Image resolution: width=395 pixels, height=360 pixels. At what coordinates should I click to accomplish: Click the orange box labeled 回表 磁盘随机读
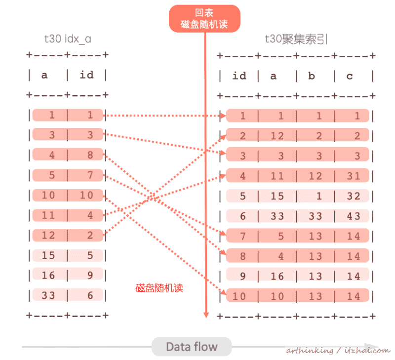[204, 18]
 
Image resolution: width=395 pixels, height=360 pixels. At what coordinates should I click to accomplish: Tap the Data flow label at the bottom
[192, 347]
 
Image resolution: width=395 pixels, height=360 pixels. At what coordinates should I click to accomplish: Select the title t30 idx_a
[68, 39]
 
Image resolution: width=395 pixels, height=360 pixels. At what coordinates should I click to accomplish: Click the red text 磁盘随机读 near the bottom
[159, 288]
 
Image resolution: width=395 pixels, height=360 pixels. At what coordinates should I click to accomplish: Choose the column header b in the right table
[312, 76]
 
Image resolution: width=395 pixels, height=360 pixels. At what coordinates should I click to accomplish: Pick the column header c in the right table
[350, 76]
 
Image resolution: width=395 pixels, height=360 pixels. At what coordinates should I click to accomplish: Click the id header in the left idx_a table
[86, 75]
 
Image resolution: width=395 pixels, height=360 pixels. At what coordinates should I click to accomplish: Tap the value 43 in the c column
[354, 216]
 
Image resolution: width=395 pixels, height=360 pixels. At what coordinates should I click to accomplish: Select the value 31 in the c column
[354, 176]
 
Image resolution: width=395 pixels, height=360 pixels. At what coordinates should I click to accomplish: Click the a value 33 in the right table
[277, 216]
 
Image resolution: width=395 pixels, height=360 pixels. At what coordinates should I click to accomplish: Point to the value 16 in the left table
[48, 276]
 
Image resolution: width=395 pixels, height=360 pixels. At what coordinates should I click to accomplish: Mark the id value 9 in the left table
[90, 276]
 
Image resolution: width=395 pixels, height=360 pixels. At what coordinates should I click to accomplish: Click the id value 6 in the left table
[90, 295]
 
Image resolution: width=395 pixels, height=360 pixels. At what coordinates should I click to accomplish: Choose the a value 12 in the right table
[277, 136]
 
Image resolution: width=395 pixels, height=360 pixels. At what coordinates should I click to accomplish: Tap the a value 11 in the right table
[277, 176]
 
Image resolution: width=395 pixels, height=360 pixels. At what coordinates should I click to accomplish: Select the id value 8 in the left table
[90, 156]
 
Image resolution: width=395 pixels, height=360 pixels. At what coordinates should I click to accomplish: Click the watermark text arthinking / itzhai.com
[338, 351]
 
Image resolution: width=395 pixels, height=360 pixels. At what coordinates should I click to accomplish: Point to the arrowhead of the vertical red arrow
[206, 315]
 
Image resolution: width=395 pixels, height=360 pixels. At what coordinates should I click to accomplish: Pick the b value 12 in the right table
[315, 176]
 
